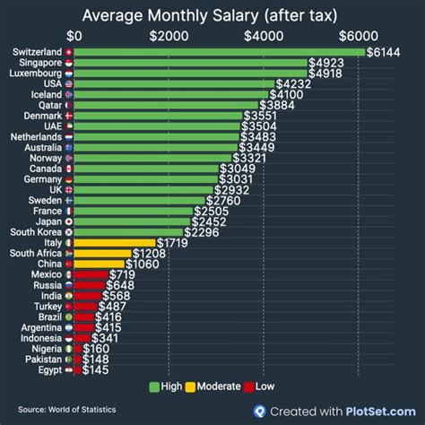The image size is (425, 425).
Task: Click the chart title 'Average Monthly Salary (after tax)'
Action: pos(212,15)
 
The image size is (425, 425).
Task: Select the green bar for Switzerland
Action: pos(220,53)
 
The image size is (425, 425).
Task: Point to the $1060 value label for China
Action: pos(143,264)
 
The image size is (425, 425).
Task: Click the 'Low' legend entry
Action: pos(264,386)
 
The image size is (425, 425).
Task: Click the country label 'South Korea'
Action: pos(36,232)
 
